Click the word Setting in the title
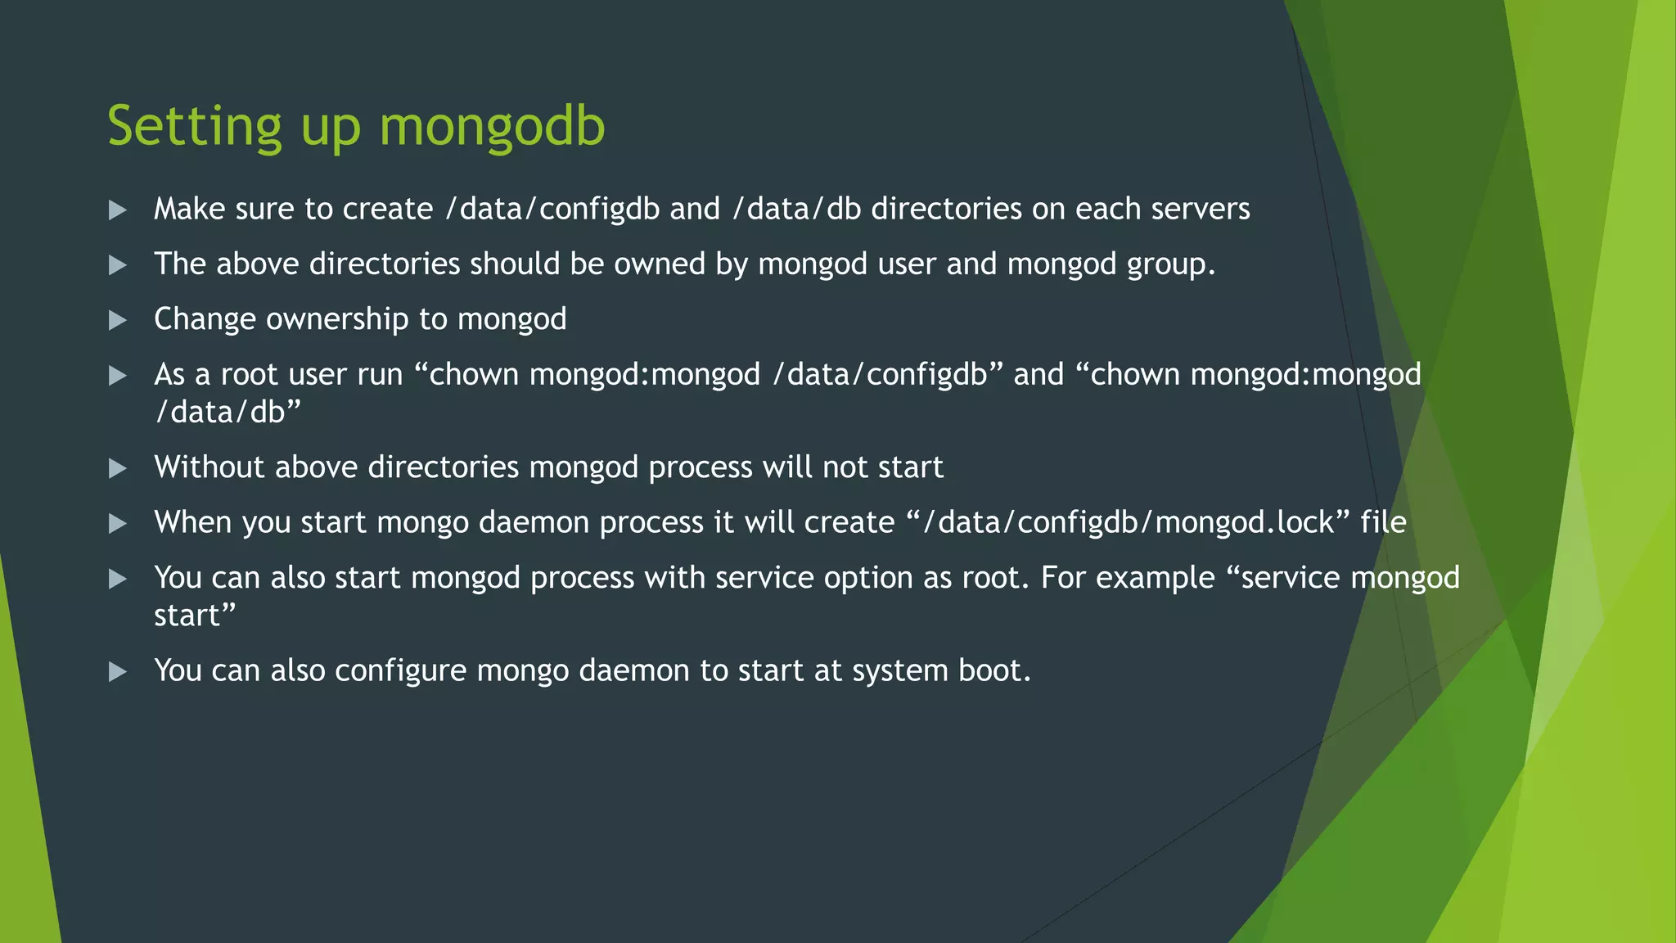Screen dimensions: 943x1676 195,127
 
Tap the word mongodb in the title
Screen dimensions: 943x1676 492,127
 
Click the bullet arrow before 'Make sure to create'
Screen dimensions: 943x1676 118,210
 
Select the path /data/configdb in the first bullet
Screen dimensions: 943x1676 552,210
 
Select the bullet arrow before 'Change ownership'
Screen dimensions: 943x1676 118,320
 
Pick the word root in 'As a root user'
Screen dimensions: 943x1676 250,375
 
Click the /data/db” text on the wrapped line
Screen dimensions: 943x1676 228,412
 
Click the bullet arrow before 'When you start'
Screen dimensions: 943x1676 118,523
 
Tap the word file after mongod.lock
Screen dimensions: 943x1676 1383,522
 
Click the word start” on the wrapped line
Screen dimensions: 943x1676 195,616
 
